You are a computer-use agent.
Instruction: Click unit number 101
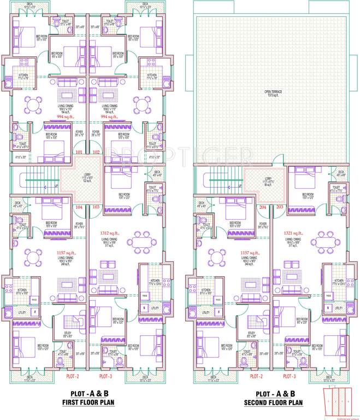coord(80,153)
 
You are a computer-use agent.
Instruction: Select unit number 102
coord(97,153)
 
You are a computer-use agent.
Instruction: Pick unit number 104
coord(80,207)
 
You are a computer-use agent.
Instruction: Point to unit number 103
coord(97,207)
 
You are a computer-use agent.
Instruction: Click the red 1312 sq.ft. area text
coord(109,232)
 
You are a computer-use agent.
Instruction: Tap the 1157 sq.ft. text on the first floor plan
coord(67,253)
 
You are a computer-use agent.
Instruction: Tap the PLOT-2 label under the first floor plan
coord(73,377)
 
